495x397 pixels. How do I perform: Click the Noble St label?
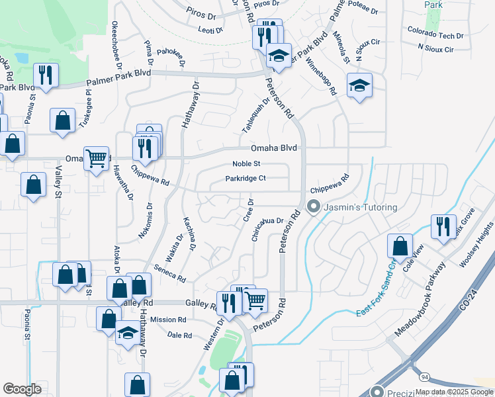coord(247,164)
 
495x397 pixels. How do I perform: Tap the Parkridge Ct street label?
coord(245,178)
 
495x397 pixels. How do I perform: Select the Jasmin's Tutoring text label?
coord(360,207)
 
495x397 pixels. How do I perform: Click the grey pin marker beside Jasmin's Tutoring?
coord(314,207)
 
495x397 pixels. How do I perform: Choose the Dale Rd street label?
coord(179,335)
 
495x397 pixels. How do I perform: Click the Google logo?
coord(22,388)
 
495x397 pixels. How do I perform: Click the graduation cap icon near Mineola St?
coord(359,85)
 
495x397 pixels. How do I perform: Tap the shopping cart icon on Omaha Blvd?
coord(97,158)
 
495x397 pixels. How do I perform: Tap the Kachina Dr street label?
coord(189,233)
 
